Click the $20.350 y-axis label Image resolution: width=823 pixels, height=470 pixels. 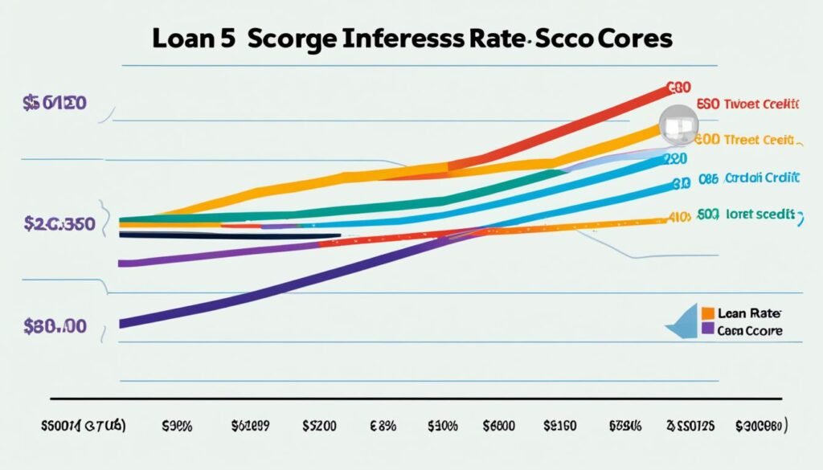pyautogui.click(x=59, y=223)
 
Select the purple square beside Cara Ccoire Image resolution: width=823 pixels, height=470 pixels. pyautogui.click(x=708, y=329)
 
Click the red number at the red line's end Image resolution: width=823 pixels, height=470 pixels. pyautogui.click(x=679, y=86)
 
